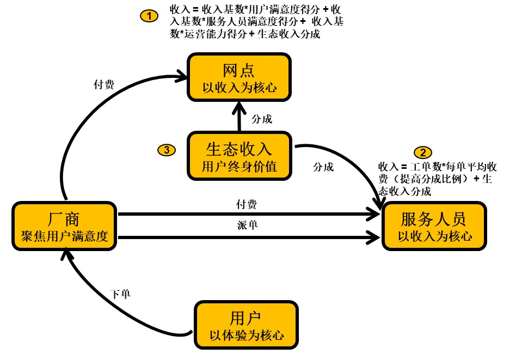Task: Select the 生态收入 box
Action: click(239, 156)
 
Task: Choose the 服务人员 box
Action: click(434, 227)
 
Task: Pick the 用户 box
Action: click(247, 325)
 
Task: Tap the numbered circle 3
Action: click(166, 150)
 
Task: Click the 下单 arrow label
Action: click(120, 294)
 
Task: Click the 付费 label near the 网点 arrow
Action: click(104, 84)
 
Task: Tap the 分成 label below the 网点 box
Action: click(262, 119)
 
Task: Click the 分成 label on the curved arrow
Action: click(323, 167)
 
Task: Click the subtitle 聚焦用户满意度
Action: click(64, 236)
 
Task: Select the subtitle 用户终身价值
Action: click(239, 167)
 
